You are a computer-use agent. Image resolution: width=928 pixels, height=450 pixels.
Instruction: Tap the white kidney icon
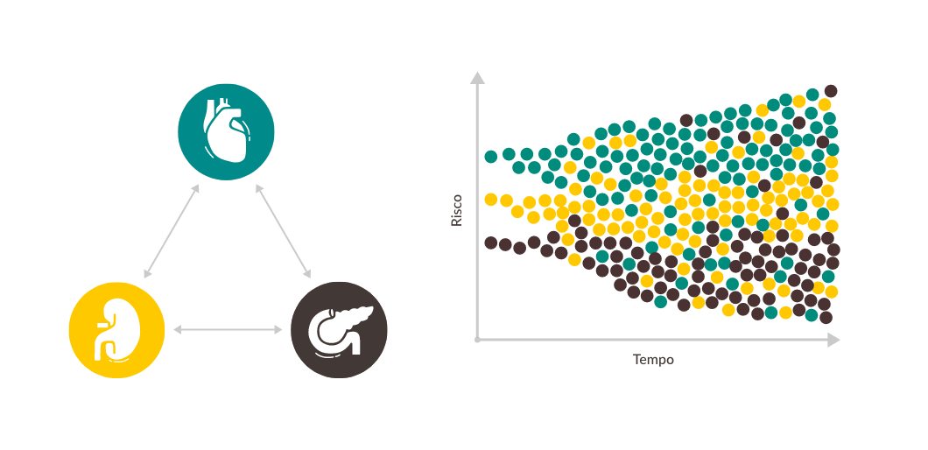coord(115,331)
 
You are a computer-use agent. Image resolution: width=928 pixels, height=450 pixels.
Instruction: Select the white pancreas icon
coord(338,328)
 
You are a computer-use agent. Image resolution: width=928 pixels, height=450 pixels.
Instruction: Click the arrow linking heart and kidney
coord(172,231)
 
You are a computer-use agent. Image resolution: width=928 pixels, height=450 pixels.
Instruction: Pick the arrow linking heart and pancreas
coord(283,231)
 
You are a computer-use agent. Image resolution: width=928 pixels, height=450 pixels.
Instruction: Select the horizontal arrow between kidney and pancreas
coord(228,329)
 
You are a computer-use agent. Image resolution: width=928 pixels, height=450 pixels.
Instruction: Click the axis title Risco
coord(456,210)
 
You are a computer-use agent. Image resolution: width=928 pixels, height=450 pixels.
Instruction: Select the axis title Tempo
coord(653,360)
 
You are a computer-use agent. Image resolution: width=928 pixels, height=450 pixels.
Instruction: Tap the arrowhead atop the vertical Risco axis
coord(477,78)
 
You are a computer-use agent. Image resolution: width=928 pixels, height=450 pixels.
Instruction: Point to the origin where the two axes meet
coord(477,339)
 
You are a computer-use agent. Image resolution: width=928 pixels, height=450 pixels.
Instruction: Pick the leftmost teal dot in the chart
coord(490,157)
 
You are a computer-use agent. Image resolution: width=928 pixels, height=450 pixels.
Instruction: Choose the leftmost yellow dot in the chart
coord(490,199)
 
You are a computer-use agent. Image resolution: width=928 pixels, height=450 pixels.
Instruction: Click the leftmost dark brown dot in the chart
coord(490,242)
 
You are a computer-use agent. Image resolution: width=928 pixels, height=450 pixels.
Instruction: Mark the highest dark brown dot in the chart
coord(831,90)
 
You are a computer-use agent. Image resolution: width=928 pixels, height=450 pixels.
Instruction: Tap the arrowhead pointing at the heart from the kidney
coord(197,188)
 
